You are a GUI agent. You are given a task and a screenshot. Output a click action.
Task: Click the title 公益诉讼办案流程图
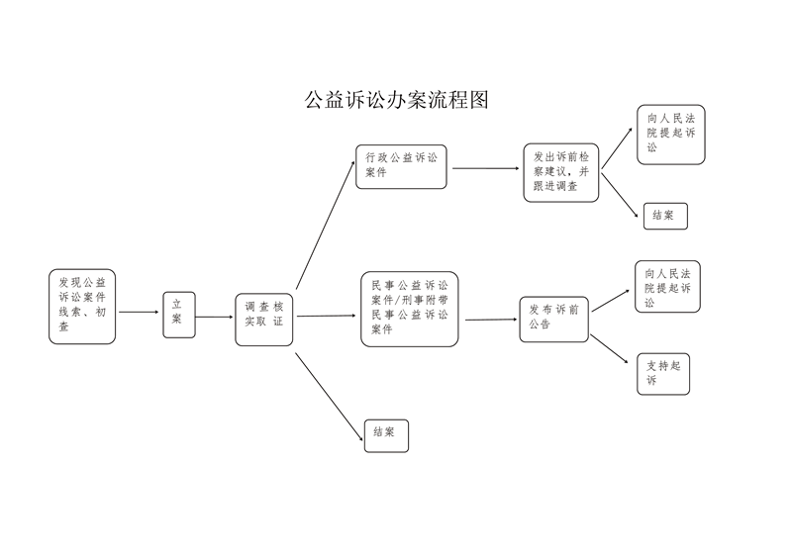point(396,100)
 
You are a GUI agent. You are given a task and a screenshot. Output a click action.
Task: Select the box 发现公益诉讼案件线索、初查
point(82,306)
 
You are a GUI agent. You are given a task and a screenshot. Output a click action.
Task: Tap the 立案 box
point(179,314)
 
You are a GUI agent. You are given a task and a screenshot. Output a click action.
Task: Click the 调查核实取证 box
point(264,319)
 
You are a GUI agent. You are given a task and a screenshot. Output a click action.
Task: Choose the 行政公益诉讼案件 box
point(402,165)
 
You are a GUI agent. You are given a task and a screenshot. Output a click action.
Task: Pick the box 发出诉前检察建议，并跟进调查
point(561,172)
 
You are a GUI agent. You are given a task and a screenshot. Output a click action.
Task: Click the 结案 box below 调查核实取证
point(386,435)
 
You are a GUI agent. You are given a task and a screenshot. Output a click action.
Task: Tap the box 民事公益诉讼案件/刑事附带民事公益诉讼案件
point(409,309)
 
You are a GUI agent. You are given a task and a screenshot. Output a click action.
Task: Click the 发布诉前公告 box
point(554,319)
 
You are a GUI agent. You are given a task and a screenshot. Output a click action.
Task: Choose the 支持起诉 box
point(661,373)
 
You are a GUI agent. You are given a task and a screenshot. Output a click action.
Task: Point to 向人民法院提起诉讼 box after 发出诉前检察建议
point(671,135)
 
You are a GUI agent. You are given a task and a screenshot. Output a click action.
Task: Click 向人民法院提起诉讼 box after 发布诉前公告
point(667,286)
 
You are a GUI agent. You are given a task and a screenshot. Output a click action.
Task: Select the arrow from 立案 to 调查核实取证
point(214,318)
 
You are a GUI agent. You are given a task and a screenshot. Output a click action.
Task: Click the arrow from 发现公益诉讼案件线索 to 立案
point(139,313)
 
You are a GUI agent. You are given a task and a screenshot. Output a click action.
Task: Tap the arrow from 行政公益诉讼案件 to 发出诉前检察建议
point(486,168)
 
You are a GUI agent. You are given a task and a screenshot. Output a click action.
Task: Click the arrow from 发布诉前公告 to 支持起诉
point(610,351)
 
